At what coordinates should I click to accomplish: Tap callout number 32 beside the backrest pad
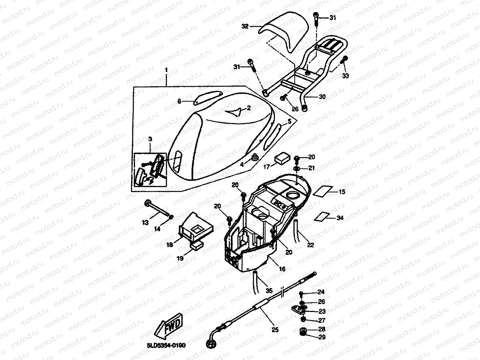(x=245, y=26)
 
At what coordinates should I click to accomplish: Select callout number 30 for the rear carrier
(x=322, y=96)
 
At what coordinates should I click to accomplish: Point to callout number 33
(x=345, y=76)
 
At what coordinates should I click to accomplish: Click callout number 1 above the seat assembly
(x=166, y=70)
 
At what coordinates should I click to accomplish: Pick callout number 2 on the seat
(x=248, y=108)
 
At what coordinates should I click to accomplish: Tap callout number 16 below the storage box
(x=282, y=269)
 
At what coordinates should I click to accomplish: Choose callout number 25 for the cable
(x=275, y=330)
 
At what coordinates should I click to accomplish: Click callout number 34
(x=340, y=217)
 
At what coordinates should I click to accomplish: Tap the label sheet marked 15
(x=322, y=190)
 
